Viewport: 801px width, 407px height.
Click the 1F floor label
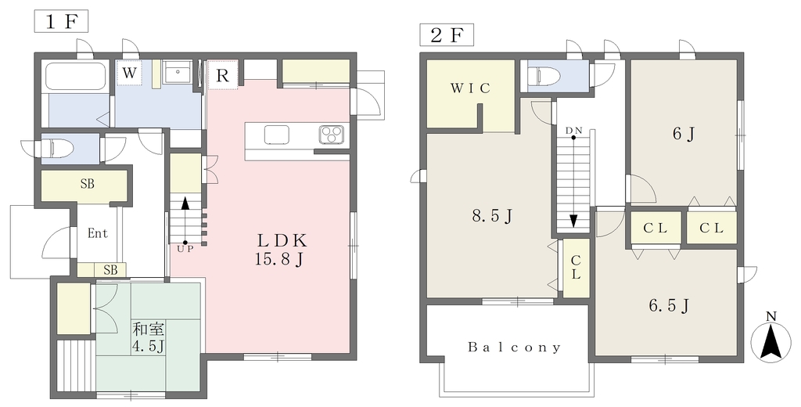pos(61,23)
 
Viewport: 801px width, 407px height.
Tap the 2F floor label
pos(447,34)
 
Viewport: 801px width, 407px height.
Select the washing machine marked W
pos(129,73)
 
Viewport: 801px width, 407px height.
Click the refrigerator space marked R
pos(222,76)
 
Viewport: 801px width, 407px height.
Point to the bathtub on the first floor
pos(76,77)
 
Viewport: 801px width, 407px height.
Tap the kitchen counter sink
pos(277,135)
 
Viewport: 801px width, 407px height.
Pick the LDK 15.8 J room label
pos(281,250)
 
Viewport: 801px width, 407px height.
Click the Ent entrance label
pos(98,233)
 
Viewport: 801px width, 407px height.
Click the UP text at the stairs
pos(185,249)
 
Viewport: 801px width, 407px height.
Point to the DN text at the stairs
pos(573,131)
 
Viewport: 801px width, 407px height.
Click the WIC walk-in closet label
pos(470,88)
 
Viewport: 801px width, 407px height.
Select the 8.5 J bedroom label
pos(491,216)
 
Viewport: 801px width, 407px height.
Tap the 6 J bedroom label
pos(683,134)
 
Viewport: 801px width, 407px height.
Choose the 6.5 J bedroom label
pos(670,306)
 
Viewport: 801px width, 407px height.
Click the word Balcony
pos(515,348)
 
